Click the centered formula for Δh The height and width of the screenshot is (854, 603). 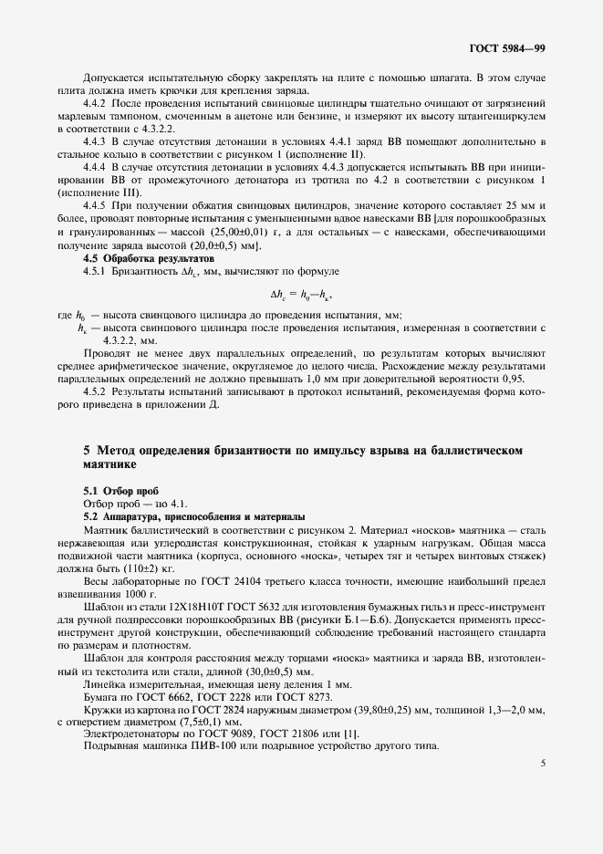(301, 295)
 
